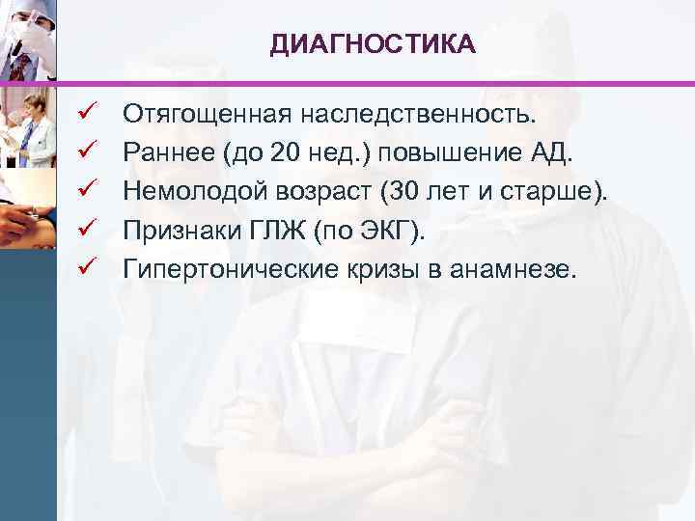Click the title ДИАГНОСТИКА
tap(372, 43)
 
